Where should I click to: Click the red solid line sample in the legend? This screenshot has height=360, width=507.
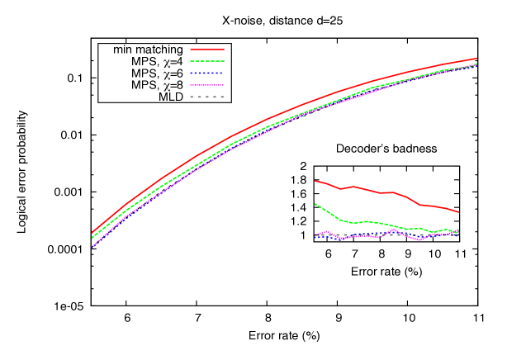pos(206,50)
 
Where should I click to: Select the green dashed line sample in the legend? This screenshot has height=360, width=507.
pos(206,61)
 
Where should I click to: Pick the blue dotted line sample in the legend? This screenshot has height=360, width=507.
pos(206,73)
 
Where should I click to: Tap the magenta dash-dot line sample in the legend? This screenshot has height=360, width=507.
pos(206,84)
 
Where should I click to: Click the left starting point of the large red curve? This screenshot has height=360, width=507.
pos(92,232)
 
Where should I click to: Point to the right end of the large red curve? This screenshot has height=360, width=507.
pos(476,59)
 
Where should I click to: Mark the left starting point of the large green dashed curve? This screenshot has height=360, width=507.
pos(92,239)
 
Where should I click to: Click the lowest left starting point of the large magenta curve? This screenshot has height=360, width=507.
pos(92,247)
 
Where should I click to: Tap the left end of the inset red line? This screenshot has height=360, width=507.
pos(315,180)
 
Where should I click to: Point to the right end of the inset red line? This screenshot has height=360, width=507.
pos(458,212)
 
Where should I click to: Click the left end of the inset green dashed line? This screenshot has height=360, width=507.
pos(315,204)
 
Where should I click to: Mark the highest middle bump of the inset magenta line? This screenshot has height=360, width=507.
pos(395,229)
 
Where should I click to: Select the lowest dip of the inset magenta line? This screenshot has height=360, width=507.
pos(419,240)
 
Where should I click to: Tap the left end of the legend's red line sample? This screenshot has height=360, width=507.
pos(191,50)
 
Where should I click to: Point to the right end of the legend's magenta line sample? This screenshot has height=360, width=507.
pos(223,84)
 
